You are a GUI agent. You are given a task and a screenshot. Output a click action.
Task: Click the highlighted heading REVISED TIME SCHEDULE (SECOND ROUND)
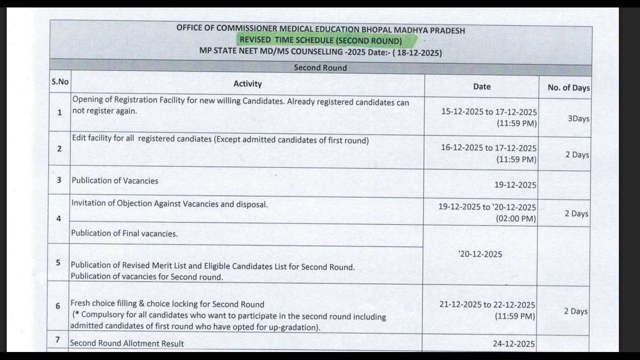(320, 41)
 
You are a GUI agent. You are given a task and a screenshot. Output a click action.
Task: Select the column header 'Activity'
(247, 84)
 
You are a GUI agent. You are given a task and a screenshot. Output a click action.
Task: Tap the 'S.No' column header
(60, 82)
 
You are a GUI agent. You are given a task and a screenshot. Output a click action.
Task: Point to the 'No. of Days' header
(569, 88)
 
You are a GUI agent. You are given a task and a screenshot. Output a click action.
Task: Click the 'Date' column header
(482, 86)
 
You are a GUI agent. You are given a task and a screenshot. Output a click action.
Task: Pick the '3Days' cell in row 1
(579, 118)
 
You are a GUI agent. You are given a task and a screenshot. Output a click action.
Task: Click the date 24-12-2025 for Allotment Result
(514, 344)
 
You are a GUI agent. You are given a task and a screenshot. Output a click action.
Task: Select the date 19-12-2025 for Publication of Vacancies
(515, 185)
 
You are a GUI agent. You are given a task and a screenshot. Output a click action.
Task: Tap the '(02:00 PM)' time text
(516, 218)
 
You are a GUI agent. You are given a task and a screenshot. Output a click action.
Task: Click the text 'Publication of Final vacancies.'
(125, 234)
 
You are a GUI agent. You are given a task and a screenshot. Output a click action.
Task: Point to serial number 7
(58, 340)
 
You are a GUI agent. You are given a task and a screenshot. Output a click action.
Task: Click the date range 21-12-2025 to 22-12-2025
(487, 305)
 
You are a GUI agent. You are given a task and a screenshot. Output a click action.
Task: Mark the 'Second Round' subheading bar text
(320, 68)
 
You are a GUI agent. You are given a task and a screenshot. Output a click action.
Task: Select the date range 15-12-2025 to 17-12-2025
(489, 112)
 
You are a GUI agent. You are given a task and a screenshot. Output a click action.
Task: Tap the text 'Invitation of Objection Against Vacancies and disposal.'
(170, 204)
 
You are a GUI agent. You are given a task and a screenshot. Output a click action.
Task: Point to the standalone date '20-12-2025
(480, 254)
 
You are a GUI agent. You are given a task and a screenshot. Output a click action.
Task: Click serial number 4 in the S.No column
(59, 218)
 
